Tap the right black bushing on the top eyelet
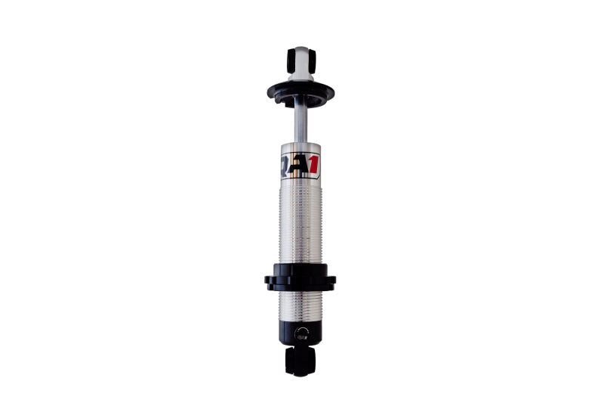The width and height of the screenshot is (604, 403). (x=310, y=60)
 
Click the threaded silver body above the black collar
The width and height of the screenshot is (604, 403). (x=300, y=223)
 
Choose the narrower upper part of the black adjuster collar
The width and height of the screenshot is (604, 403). (x=300, y=269)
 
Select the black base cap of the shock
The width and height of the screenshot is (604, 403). (x=300, y=333)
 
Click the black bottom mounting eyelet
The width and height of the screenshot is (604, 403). (x=300, y=361)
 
